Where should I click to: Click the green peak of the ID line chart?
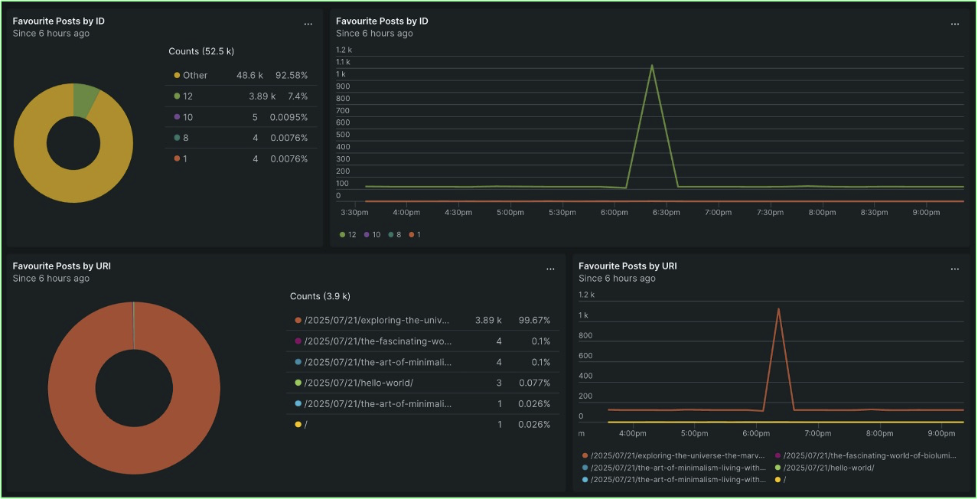tap(652, 66)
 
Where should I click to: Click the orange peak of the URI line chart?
tap(778, 309)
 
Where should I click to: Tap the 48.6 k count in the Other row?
tap(249, 76)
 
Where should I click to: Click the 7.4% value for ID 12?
tap(297, 96)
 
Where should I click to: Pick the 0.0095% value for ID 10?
tap(289, 117)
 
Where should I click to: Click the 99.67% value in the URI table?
tap(534, 320)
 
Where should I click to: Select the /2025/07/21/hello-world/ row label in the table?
tap(358, 383)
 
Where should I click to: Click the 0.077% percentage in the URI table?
tap(534, 383)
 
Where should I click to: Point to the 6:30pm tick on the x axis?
tap(666, 213)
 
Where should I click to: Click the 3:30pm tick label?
tap(355, 213)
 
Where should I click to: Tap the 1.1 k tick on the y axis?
tap(343, 62)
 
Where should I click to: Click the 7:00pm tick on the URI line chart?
tap(818, 433)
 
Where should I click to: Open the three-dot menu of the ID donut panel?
tap(308, 24)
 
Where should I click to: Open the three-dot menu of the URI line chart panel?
tap(954, 269)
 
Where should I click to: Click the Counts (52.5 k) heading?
tap(201, 51)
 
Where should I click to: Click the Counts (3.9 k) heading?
tap(320, 296)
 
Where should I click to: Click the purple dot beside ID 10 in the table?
tap(177, 117)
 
